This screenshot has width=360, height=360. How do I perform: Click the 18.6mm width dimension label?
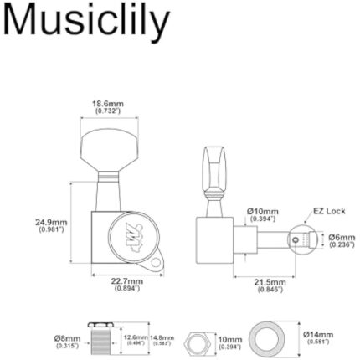[107, 106]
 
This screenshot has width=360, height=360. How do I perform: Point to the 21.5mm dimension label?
[270, 285]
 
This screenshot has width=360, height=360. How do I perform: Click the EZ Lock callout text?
[329, 211]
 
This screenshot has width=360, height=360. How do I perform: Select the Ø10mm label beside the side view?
[262, 213]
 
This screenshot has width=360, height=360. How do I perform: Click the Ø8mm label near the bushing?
[68, 338]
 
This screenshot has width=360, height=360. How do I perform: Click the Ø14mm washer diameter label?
[317, 337]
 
